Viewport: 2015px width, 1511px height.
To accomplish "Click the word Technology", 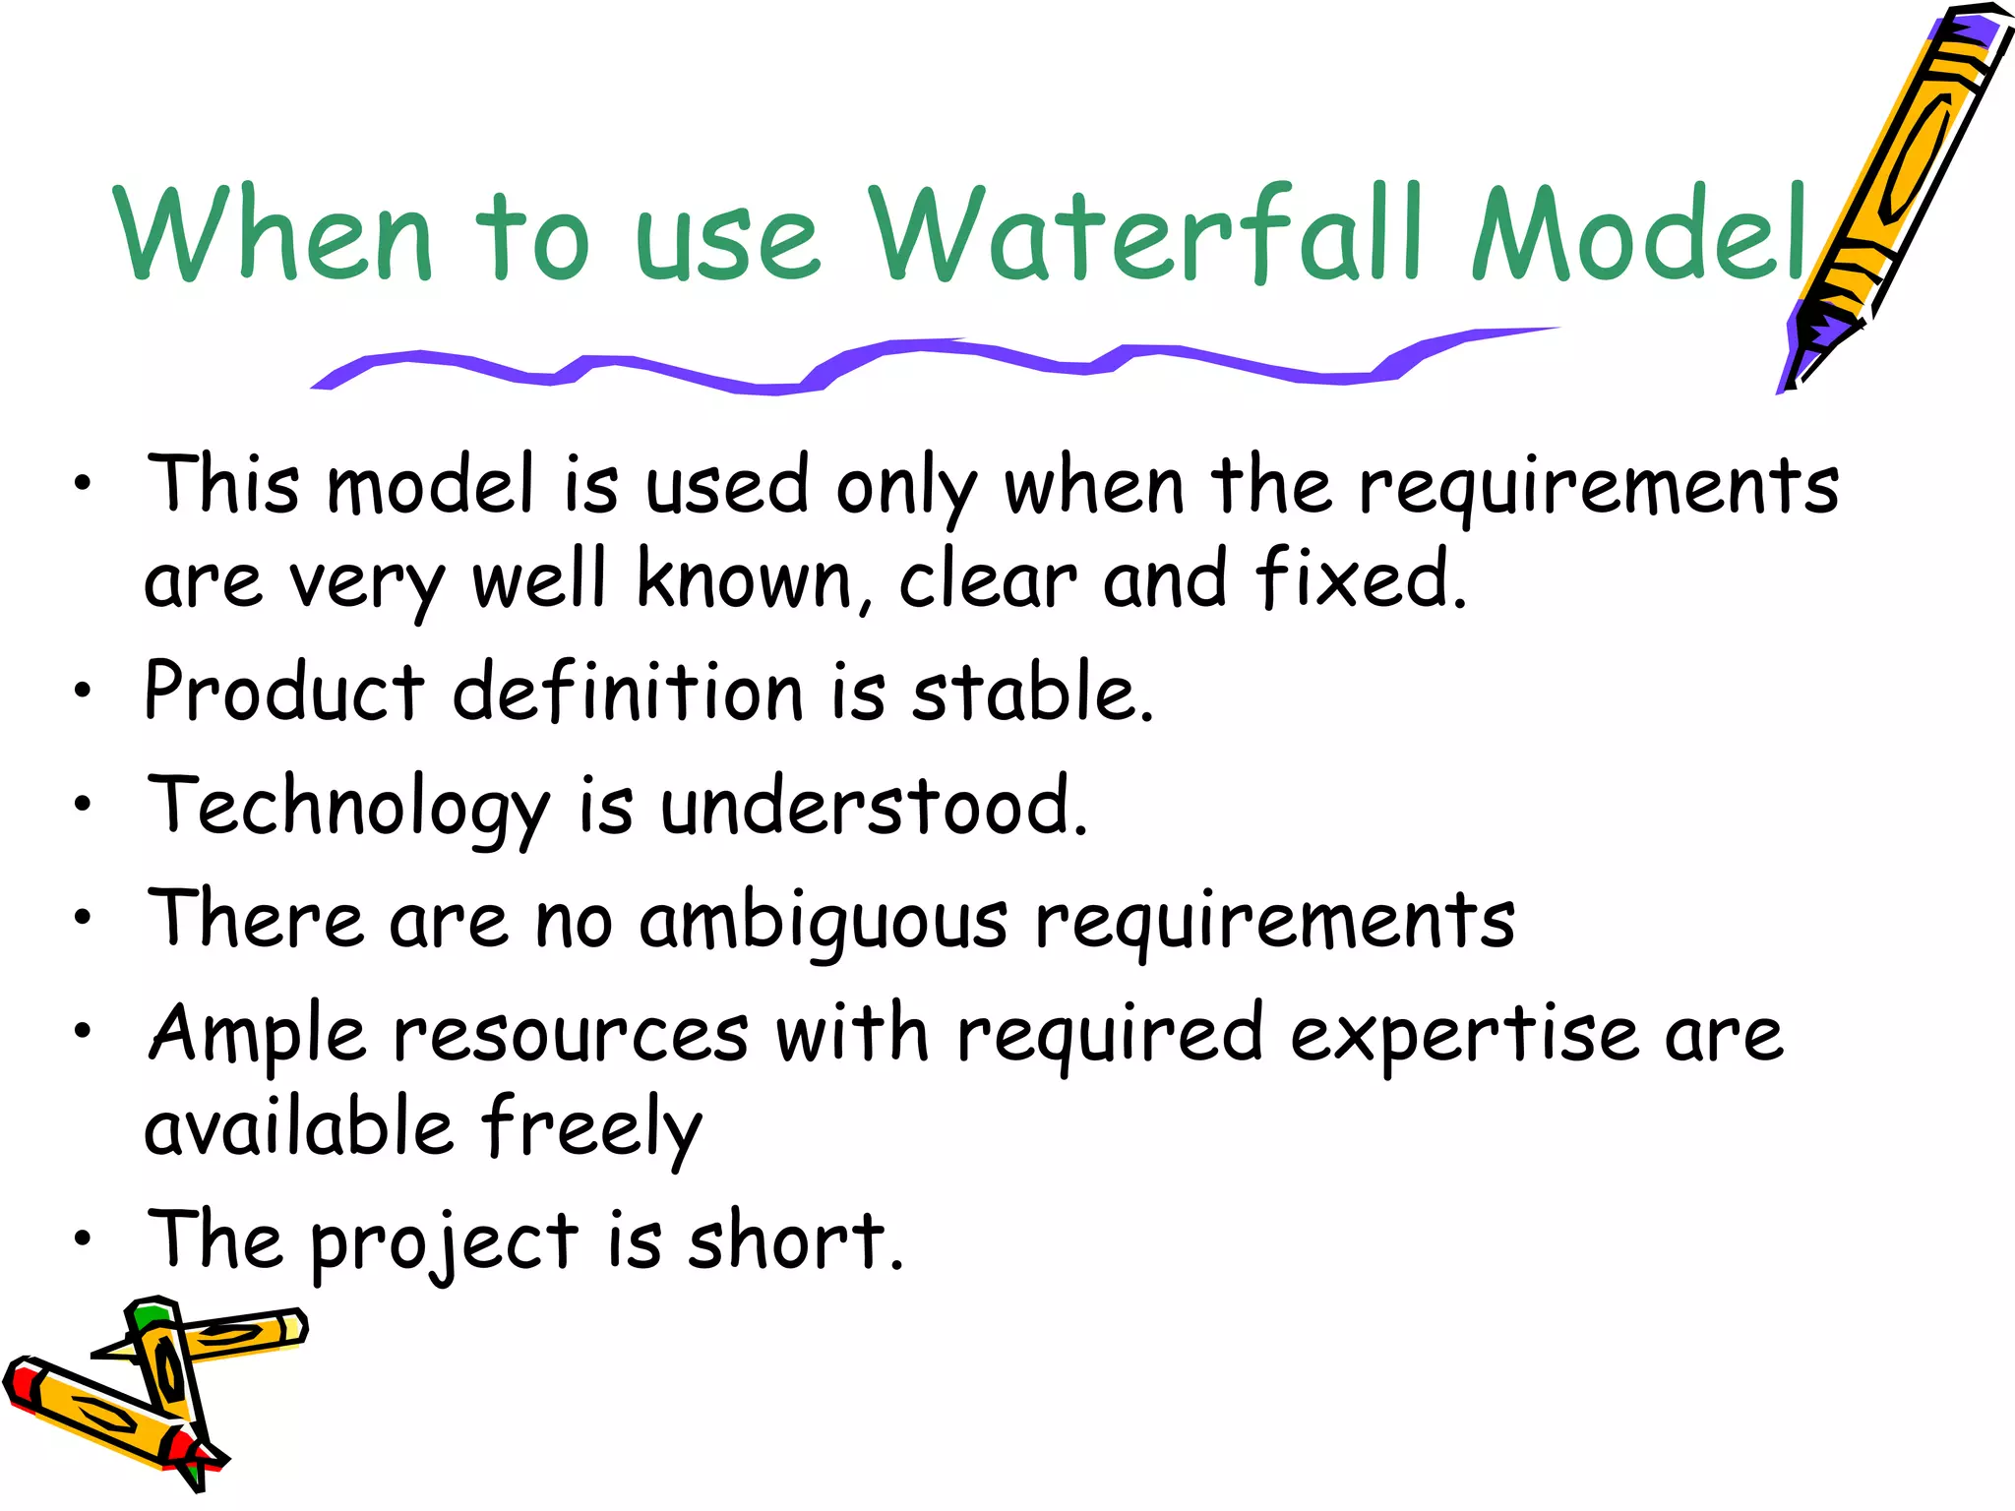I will [348, 807].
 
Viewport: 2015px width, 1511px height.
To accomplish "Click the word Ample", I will [257, 1036].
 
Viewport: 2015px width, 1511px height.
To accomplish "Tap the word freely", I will [591, 1127].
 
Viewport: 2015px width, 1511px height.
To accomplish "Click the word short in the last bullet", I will [793, 1241].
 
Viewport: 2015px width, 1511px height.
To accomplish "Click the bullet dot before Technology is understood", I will [83, 805].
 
